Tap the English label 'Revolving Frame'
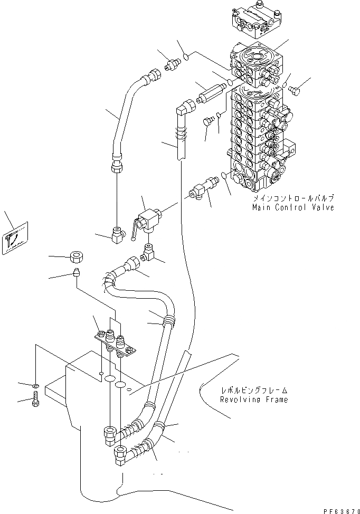[x=254, y=399]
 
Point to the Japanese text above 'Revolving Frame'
[x=254, y=391]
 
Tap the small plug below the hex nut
[x=76, y=273]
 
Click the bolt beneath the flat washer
[x=36, y=399]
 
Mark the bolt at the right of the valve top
[x=295, y=90]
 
